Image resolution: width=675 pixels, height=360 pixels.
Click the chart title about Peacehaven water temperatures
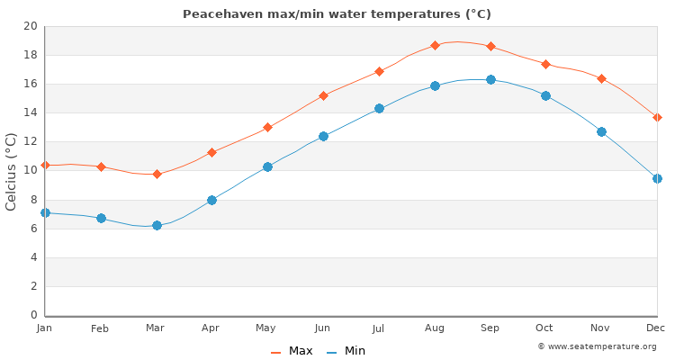(x=337, y=14)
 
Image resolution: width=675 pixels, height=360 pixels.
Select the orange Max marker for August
(x=435, y=45)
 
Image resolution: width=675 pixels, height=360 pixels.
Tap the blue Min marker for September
(x=490, y=79)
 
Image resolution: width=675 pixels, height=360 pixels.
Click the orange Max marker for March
(x=157, y=174)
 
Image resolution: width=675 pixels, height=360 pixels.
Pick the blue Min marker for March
(x=157, y=225)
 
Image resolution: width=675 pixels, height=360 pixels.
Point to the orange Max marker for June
(x=323, y=95)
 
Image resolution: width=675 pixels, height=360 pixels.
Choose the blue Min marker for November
(x=601, y=131)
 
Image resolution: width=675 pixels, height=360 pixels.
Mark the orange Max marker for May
(x=267, y=127)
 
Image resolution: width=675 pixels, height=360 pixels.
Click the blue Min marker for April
(x=211, y=200)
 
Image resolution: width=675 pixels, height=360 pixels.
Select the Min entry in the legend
(x=346, y=351)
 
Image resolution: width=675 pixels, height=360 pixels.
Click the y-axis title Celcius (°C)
(x=12, y=171)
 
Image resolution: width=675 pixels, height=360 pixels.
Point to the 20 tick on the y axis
(x=31, y=26)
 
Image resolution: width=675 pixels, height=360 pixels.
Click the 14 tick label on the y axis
(x=31, y=112)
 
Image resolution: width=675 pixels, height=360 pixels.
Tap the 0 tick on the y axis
(x=33, y=315)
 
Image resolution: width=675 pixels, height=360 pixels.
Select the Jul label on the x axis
(x=378, y=328)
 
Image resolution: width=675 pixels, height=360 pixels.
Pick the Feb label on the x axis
(x=100, y=328)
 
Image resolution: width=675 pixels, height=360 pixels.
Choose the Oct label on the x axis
(x=544, y=328)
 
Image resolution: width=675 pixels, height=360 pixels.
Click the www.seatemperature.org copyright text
(x=597, y=346)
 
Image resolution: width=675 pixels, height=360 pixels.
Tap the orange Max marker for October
(x=545, y=64)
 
